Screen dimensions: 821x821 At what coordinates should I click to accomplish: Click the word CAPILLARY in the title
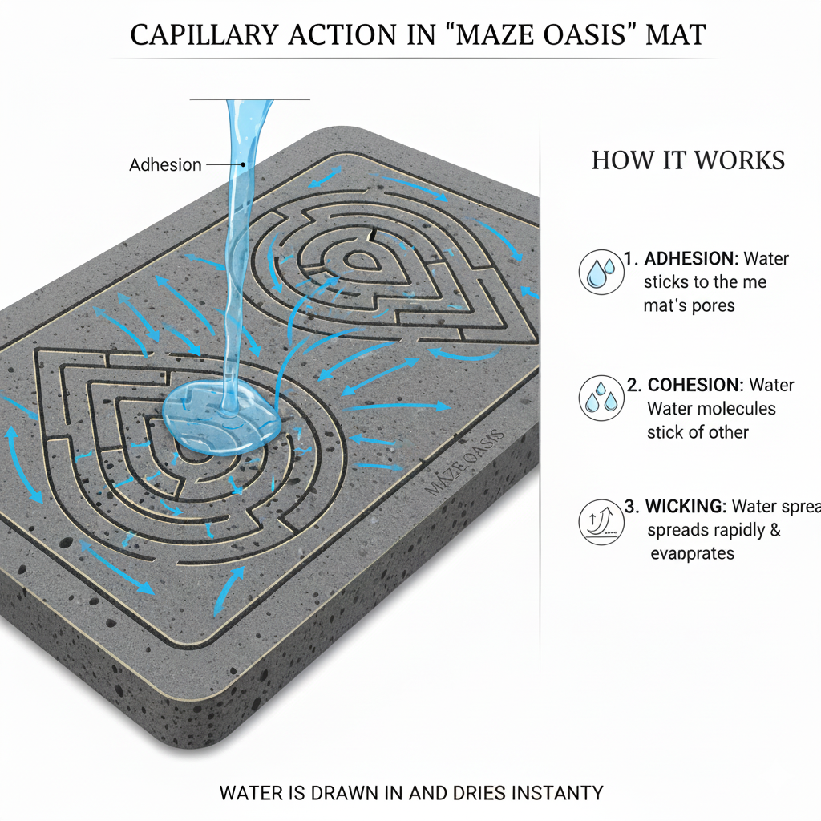(201, 36)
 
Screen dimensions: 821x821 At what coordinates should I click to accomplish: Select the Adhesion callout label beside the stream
(165, 165)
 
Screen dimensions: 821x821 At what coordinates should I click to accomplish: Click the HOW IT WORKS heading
(688, 160)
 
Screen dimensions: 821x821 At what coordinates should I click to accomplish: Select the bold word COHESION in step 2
(694, 385)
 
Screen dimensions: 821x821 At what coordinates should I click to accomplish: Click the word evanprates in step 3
(692, 554)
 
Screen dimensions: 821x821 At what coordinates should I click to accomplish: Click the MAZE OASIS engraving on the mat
(463, 463)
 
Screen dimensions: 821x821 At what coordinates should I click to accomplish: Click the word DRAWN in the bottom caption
(333, 794)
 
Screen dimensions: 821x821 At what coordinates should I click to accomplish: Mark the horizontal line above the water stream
(249, 99)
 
